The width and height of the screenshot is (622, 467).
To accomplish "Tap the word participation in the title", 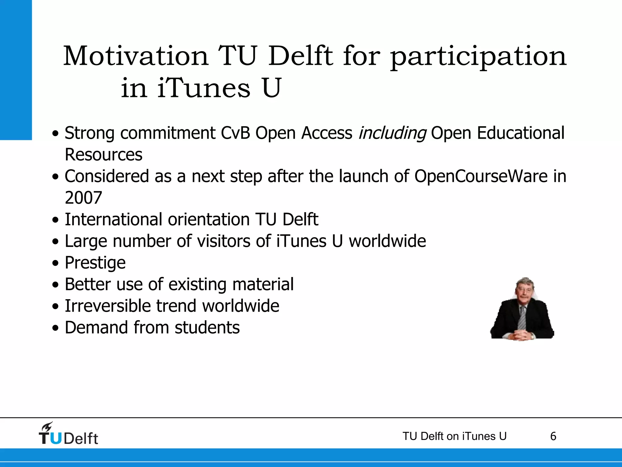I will click(x=478, y=57).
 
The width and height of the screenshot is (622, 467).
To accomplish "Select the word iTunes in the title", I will click(x=204, y=88).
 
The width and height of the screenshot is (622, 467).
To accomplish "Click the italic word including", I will click(x=392, y=133).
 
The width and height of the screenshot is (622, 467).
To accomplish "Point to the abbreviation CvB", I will click(x=235, y=133).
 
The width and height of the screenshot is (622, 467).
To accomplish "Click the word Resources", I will click(x=104, y=154).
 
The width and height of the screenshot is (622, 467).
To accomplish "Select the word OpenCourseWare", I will click(x=481, y=176).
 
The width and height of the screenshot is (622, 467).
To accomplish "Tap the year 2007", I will click(x=84, y=198).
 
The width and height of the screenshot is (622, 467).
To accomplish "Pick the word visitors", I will click(x=224, y=241).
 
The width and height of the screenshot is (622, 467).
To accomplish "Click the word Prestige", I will click(x=95, y=263).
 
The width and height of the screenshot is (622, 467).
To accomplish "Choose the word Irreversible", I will click(x=108, y=306).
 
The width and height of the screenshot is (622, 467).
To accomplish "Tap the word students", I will click(x=207, y=327).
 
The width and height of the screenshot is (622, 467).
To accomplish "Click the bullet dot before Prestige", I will click(x=55, y=263).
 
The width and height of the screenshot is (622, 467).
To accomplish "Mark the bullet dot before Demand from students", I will click(x=55, y=328).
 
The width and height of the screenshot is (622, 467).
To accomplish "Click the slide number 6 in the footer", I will click(x=553, y=436).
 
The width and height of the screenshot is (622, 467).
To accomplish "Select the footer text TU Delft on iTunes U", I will click(x=454, y=436).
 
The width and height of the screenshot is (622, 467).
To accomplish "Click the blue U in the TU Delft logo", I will click(x=56, y=438).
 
